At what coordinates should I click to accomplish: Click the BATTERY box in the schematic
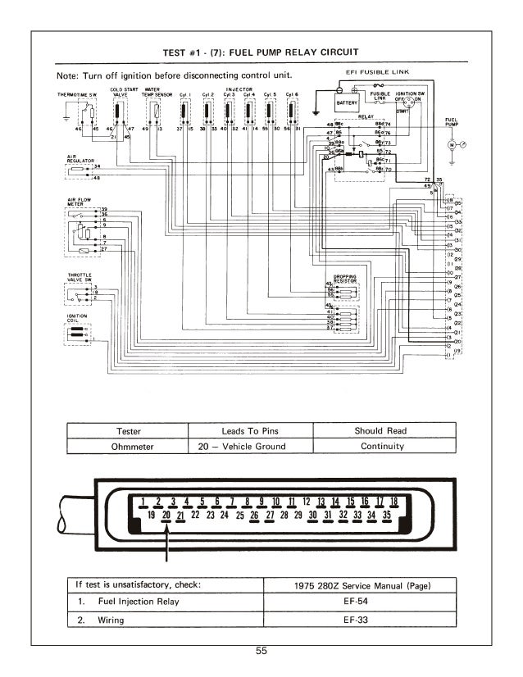348,104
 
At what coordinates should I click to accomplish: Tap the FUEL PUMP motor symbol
451,143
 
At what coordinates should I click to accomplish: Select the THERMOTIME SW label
77,95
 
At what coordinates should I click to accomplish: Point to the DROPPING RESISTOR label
344,277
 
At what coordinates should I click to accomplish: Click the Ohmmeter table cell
127,447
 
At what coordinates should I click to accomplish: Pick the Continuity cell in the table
382,447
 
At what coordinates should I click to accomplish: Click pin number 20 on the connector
166,516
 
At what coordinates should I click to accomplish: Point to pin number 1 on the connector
143,501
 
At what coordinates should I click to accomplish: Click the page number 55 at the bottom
261,652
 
